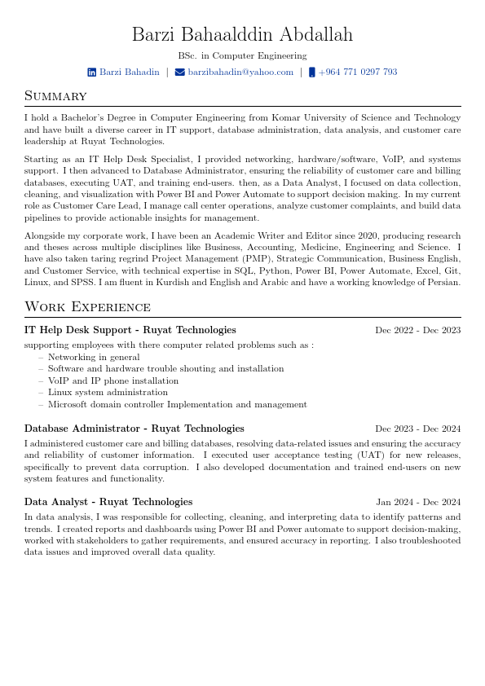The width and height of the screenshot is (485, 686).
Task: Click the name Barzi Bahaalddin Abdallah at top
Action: click(x=242, y=35)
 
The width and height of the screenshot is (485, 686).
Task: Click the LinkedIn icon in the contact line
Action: click(x=92, y=73)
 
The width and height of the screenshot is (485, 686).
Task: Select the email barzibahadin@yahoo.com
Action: click(x=240, y=73)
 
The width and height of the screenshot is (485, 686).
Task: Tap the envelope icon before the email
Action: click(x=179, y=73)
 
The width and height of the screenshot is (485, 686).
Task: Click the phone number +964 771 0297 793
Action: click(x=358, y=73)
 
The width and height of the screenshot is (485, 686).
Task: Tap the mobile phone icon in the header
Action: click(x=312, y=73)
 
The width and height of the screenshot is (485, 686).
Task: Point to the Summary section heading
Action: click(x=55, y=96)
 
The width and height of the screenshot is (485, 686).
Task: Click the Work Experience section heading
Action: click(x=87, y=307)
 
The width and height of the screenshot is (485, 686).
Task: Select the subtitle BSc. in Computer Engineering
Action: click(x=242, y=56)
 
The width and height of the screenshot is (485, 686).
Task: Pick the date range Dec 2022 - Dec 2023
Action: click(x=417, y=331)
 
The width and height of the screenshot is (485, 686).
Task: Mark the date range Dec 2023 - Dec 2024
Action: click(x=417, y=429)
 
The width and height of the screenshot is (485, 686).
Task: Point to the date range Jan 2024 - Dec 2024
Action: click(x=418, y=503)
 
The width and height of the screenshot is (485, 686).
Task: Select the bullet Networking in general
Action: click(x=94, y=357)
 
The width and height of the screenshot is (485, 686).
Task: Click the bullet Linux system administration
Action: click(x=108, y=392)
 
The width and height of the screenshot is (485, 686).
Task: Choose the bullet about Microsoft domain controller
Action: click(x=177, y=404)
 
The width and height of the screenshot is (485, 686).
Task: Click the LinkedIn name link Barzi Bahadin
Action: click(x=130, y=73)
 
